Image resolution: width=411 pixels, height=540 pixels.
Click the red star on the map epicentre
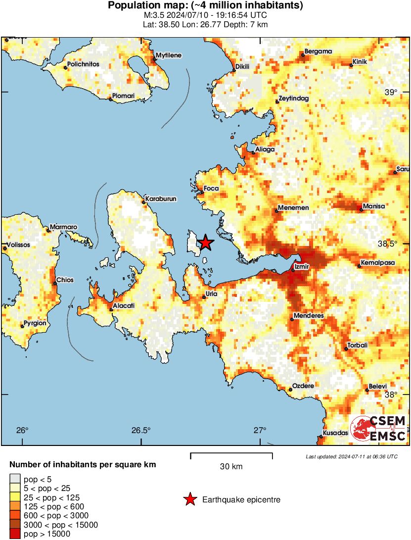click(x=205, y=243)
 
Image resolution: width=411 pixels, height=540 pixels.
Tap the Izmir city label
click(x=302, y=266)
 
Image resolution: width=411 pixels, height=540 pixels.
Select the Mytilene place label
click(x=169, y=55)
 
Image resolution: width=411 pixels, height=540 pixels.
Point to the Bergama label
click(x=318, y=51)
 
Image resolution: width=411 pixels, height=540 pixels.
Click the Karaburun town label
click(x=161, y=198)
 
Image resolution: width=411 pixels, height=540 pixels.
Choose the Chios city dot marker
click(x=55, y=284)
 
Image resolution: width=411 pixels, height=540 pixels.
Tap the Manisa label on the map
click(x=374, y=206)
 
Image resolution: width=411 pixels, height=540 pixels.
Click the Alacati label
click(x=124, y=306)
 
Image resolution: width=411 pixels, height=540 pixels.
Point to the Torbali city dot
click(x=346, y=349)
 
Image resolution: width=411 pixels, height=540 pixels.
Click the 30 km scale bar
click(x=231, y=454)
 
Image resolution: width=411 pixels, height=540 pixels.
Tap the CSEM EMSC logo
click(x=378, y=429)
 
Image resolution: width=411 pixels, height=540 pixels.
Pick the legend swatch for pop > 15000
click(x=15, y=534)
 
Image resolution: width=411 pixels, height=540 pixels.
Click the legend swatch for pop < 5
click(x=15, y=479)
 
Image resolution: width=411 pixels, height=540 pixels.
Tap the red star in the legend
click(x=189, y=500)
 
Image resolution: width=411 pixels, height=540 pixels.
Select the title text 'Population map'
click(x=205, y=6)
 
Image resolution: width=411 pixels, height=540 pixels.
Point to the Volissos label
click(x=18, y=245)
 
